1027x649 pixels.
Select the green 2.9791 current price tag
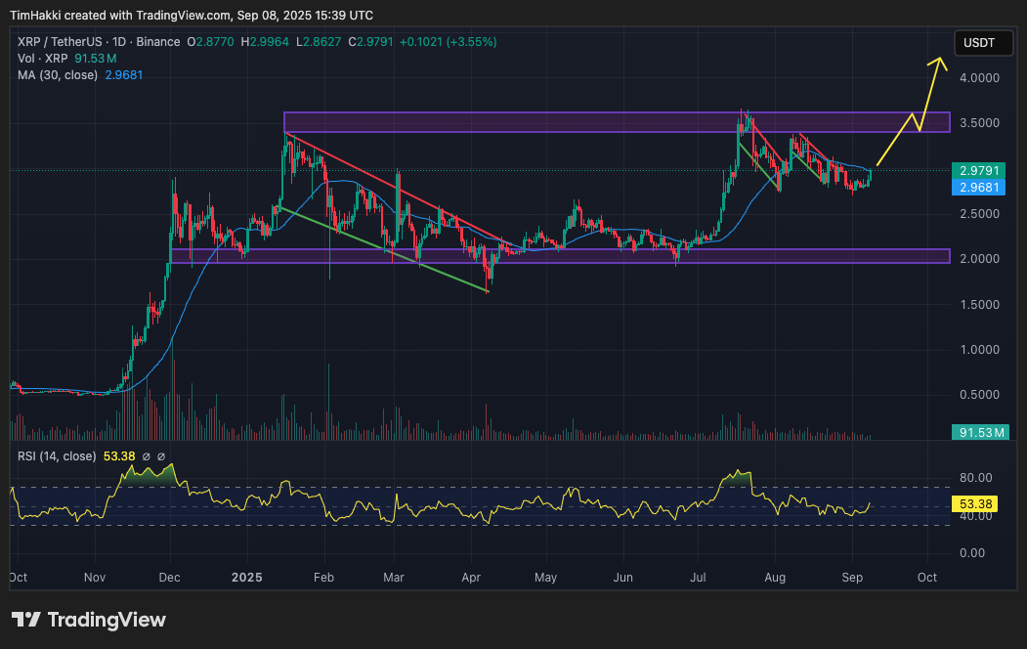(978, 169)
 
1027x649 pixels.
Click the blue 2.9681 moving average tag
(978, 187)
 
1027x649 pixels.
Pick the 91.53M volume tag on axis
(979, 432)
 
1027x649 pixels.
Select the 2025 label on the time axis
(244, 578)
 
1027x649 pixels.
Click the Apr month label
(471, 578)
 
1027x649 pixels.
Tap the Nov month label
(94, 578)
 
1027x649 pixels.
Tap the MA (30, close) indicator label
(58, 75)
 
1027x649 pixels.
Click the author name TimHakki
(38, 16)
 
